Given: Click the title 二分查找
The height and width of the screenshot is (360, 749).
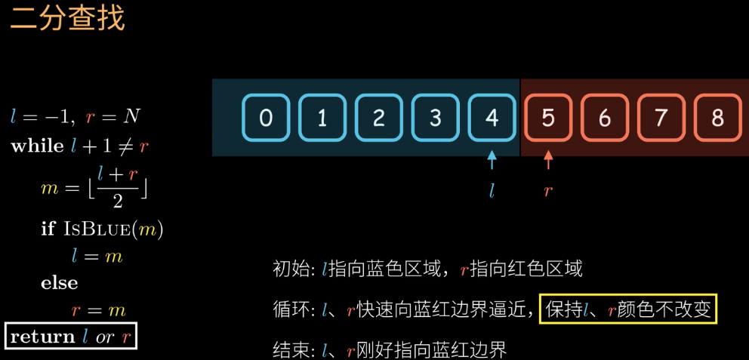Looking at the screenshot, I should [x=67, y=19].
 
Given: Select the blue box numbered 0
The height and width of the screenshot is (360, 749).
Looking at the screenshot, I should [x=266, y=118].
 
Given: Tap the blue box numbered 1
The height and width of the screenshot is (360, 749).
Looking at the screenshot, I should [x=322, y=118].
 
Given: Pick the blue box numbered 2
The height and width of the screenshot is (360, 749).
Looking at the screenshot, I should [x=379, y=118].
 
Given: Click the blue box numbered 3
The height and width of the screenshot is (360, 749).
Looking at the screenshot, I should [x=436, y=118].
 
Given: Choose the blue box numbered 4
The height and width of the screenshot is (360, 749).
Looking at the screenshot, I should [x=492, y=118].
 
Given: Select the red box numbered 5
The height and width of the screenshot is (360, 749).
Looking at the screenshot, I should [x=548, y=118].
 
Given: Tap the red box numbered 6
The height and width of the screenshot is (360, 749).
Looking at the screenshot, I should [x=605, y=118].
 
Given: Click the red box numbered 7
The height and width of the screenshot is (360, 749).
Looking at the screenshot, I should [x=661, y=118].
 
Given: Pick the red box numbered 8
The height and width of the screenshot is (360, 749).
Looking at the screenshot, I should [x=717, y=118].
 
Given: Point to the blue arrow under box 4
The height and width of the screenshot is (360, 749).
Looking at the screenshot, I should [x=492, y=160].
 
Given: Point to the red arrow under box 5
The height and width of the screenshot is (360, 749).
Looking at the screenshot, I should [x=548, y=160].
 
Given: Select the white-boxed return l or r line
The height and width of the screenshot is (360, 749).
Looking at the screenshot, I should [x=71, y=337].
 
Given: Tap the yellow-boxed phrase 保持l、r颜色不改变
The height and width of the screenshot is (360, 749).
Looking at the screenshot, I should [x=627, y=309].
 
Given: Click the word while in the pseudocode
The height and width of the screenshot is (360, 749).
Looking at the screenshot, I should [x=37, y=146].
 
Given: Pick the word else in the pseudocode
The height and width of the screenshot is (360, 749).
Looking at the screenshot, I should [x=60, y=283].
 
